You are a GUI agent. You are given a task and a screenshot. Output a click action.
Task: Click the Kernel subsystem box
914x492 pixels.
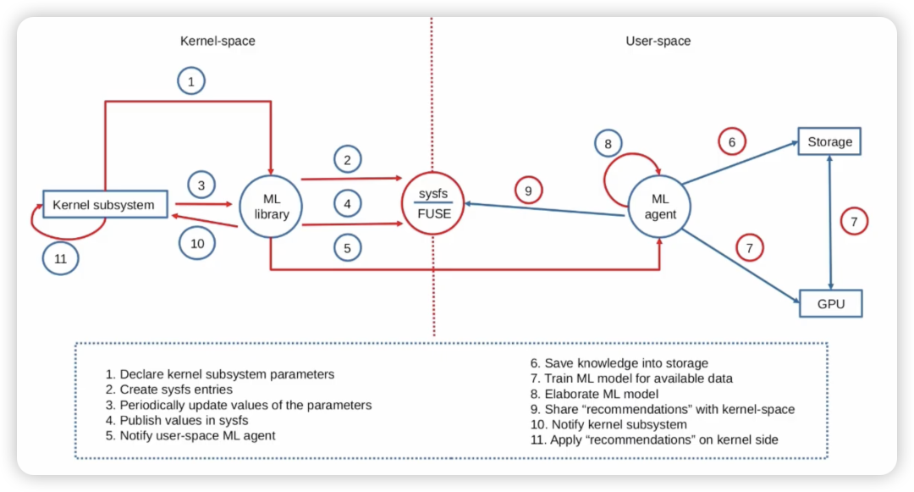click(104, 204)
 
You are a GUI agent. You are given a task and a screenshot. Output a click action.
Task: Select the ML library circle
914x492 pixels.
click(271, 207)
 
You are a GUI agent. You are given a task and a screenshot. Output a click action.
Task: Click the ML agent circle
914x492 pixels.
click(659, 207)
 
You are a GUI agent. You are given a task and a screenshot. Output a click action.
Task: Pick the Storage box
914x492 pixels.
click(829, 141)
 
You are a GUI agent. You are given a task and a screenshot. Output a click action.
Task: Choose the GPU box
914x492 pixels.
click(830, 304)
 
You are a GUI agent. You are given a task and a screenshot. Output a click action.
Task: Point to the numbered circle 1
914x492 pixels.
click(191, 81)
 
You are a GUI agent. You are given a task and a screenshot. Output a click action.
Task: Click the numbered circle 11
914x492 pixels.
click(60, 258)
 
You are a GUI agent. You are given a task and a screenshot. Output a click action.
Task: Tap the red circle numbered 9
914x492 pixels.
click(527, 191)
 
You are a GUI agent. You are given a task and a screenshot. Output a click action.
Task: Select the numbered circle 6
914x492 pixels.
click(732, 141)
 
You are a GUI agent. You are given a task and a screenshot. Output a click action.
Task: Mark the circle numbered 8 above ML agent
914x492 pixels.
click(608, 144)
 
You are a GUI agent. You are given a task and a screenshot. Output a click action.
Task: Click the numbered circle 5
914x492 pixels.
click(347, 248)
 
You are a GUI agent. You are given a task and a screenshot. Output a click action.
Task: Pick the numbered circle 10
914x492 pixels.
click(197, 243)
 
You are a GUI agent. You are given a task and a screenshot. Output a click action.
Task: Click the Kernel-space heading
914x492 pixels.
click(217, 41)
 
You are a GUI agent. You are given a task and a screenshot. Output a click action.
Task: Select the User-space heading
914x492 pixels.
click(658, 41)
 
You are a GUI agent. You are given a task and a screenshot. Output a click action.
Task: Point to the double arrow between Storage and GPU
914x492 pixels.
click(830, 223)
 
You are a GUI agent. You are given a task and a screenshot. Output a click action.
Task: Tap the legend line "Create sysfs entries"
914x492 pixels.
click(169, 390)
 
